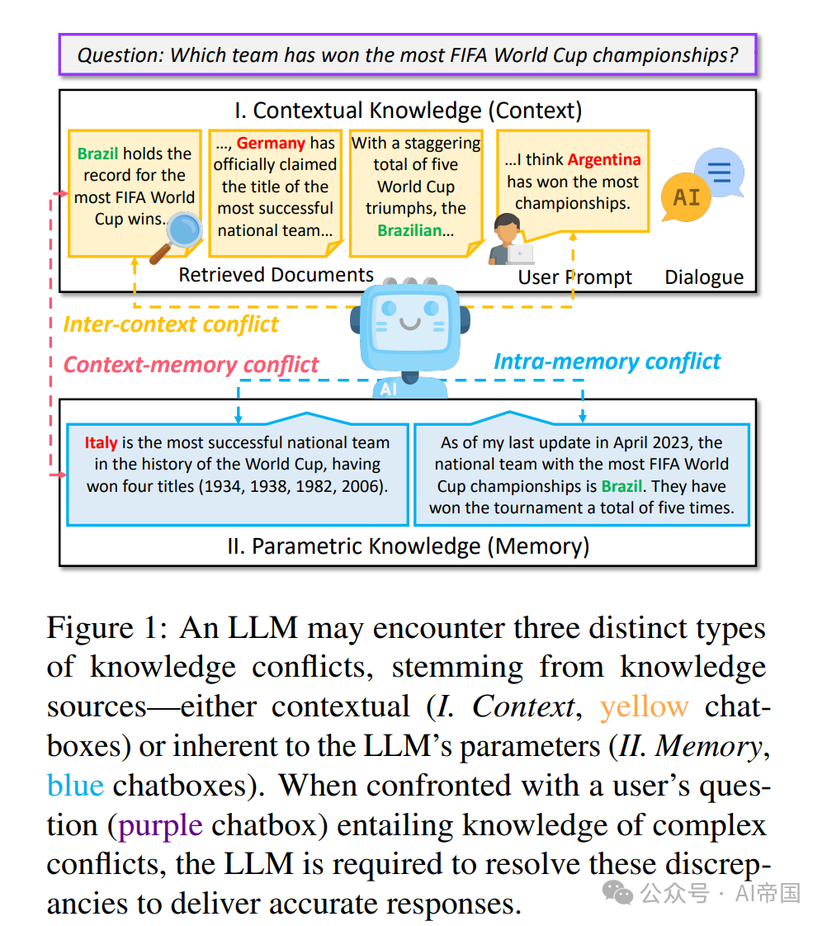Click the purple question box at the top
point(408,56)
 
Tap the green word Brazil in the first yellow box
point(97,154)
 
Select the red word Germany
point(271,143)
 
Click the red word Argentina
point(604,159)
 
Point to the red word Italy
point(101,442)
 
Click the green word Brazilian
point(409,230)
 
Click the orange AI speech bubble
point(686,198)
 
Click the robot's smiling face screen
point(409,319)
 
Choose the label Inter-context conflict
point(171,324)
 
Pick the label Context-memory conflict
point(191,364)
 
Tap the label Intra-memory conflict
point(607,361)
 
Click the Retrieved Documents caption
point(276,275)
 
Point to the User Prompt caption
point(574,277)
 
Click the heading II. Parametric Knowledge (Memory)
point(408,546)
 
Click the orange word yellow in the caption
point(644,706)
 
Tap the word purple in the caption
point(160,824)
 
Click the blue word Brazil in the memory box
point(621,486)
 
